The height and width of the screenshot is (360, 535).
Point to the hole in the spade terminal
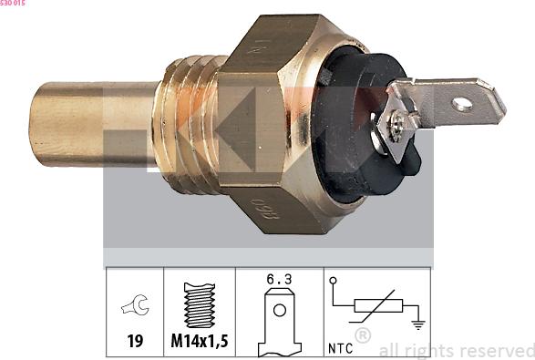pyautogui.click(x=463, y=103)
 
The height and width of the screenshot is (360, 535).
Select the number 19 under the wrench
pyautogui.click(x=134, y=342)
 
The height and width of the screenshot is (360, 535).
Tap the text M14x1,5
pyautogui.click(x=199, y=342)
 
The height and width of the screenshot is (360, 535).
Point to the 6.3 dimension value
pyautogui.click(x=278, y=281)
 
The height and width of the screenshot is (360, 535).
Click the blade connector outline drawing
pyautogui.click(x=278, y=324)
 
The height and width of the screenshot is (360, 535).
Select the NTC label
pyautogui.click(x=341, y=346)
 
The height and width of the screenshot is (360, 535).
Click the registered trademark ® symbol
pyautogui.click(x=363, y=336)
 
